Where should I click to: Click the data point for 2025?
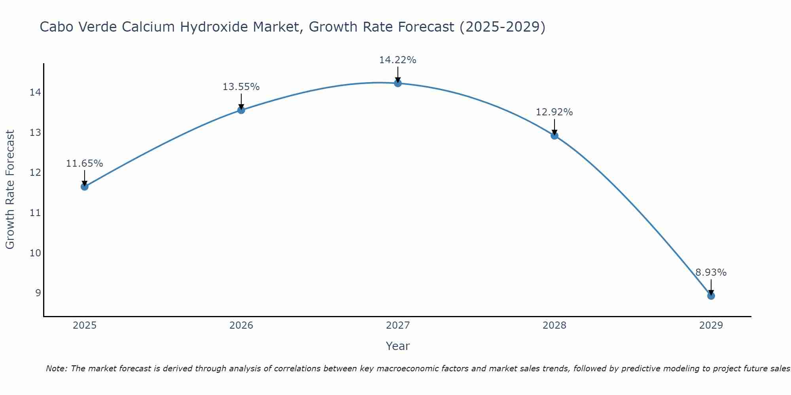point(85,186)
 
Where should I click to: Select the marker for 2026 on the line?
point(241,110)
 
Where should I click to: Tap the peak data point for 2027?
point(398,83)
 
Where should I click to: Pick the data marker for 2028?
point(554,135)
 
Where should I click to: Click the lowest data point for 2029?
point(711,296)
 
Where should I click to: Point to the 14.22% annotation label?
point(397,60)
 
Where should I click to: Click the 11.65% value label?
point(84,164)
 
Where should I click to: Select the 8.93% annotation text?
point(711,273)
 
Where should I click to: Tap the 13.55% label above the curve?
point(241,87)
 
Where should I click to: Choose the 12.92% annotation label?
point(554,112)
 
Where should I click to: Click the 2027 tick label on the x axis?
point(398,325)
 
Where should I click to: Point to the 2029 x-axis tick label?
point(711,325)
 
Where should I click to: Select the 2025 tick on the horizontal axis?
point(85,325)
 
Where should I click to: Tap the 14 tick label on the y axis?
point(35,92)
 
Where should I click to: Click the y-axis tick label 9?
point(38,293)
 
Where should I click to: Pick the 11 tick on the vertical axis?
point(35,213)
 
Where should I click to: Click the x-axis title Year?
point(397,346)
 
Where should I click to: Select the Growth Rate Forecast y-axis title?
point(10,189)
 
